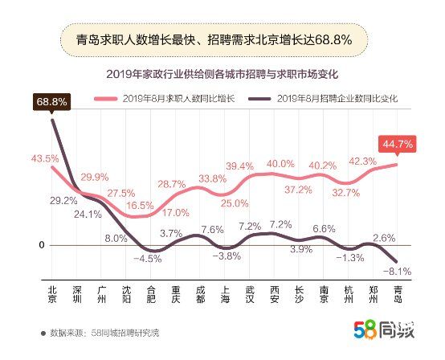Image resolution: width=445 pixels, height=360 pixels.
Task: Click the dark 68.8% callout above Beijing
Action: point(51,102)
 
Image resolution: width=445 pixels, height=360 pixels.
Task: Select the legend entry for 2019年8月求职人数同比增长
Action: point(173,99)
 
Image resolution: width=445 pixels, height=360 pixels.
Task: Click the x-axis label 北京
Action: point(52,294)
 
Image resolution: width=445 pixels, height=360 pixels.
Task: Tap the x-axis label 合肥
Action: point(151,294)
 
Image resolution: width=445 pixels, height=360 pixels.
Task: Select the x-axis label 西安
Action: point(276,294)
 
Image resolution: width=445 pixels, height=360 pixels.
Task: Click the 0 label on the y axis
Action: point(31,245)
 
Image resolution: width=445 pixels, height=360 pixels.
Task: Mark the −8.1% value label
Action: point(398,271)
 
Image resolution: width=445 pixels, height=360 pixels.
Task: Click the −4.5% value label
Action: point(147,258)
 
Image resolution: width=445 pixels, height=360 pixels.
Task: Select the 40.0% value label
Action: point(280,163)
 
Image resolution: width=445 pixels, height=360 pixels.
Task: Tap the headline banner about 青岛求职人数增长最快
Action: point(214,39)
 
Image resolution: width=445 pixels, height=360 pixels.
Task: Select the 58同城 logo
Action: point(384,329)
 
